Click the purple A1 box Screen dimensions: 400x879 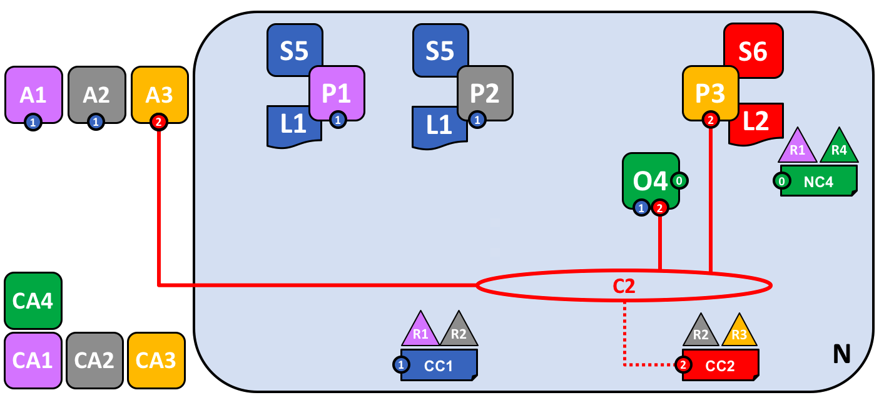33,95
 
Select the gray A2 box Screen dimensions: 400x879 96,95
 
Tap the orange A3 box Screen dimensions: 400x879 160,94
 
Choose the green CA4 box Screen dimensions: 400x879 33,300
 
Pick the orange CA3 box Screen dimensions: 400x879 156,360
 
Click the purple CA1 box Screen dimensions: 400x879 33,360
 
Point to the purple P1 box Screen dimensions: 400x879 337,93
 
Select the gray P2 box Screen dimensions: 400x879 485,93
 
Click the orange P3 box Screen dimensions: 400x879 710,93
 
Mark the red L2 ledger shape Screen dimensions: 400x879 756,122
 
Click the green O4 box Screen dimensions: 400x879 651,180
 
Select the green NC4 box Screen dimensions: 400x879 818,182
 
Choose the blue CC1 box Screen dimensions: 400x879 439,365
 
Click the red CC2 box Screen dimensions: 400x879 720,365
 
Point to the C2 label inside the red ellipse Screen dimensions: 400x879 623,285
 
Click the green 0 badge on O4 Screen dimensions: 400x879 679,181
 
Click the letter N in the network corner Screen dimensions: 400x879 841,354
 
